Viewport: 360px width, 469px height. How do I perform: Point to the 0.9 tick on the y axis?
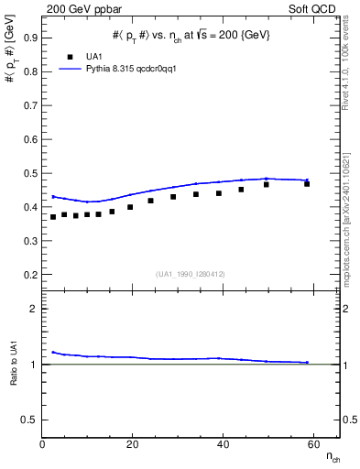[x=30, y=38]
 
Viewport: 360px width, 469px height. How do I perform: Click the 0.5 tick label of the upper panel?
[x=30, y=173]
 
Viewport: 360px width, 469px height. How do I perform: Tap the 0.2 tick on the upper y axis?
[x=30, y=275]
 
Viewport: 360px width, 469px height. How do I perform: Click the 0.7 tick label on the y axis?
[x=30, y=105]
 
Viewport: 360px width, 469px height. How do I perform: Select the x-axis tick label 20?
[x=132, y=444]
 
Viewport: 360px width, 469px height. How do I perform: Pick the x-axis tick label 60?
[x=312, y=444]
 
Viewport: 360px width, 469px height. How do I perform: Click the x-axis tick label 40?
[x=223, y=444]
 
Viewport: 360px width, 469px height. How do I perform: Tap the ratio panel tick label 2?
[x=34, y=309]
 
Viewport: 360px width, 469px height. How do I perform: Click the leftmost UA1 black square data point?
[x=53, y=217]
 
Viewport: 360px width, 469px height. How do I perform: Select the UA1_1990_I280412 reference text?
[x=190, y=274]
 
